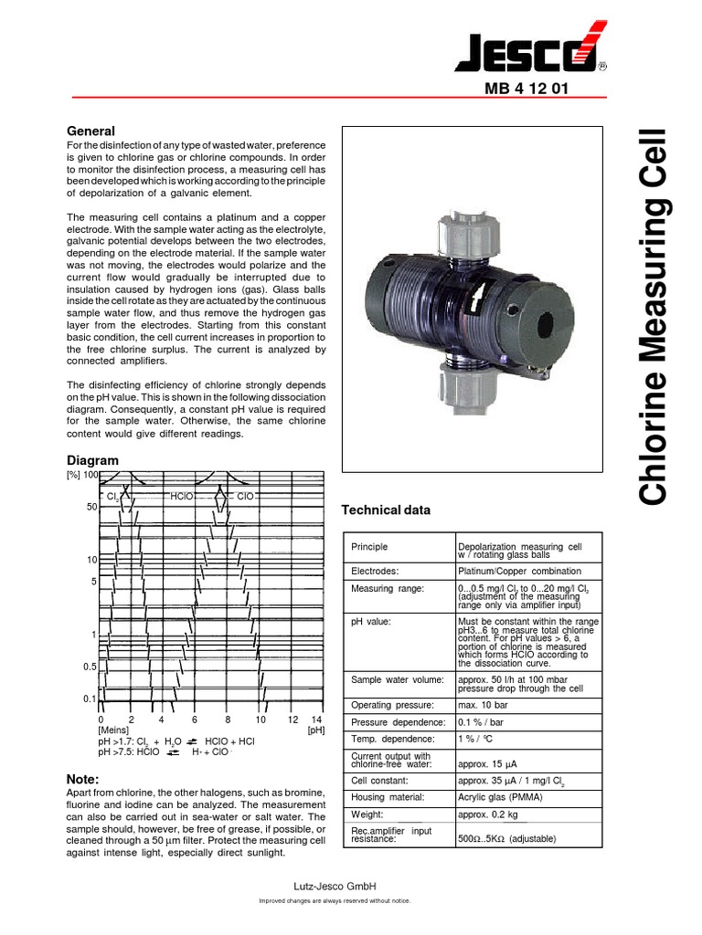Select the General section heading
(x=91, y=131)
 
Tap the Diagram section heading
(x=93, y=460)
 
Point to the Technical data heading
(x=385, y=510)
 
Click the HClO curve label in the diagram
(x=182, y=496)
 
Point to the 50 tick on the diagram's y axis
(x=91, y=507)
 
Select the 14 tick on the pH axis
(x=316, y=720)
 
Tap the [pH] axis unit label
(x=315, y=730)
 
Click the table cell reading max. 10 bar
(x=484, y=705)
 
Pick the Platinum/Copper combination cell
(x=514, y=571)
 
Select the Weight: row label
(x=368, y=814)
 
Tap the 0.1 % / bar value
(x=483, y=722)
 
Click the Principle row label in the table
(x=369, y=547)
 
